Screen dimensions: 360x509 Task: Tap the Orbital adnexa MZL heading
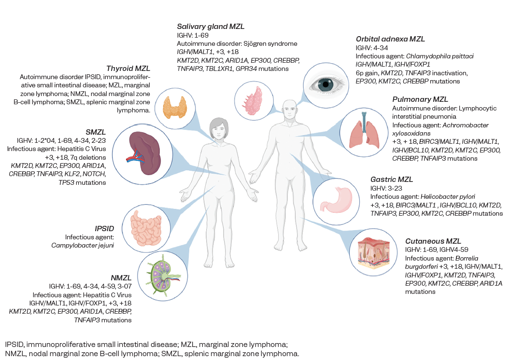coord(390,39)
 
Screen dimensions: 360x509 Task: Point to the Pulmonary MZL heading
coord(421,99)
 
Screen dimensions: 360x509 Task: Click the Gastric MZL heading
coord(392,180)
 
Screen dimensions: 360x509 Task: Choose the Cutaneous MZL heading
coord(433,241)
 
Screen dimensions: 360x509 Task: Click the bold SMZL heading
coord(95,132)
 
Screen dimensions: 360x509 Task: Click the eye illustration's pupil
coord(327,85)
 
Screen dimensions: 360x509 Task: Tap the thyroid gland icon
coord(172,107)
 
